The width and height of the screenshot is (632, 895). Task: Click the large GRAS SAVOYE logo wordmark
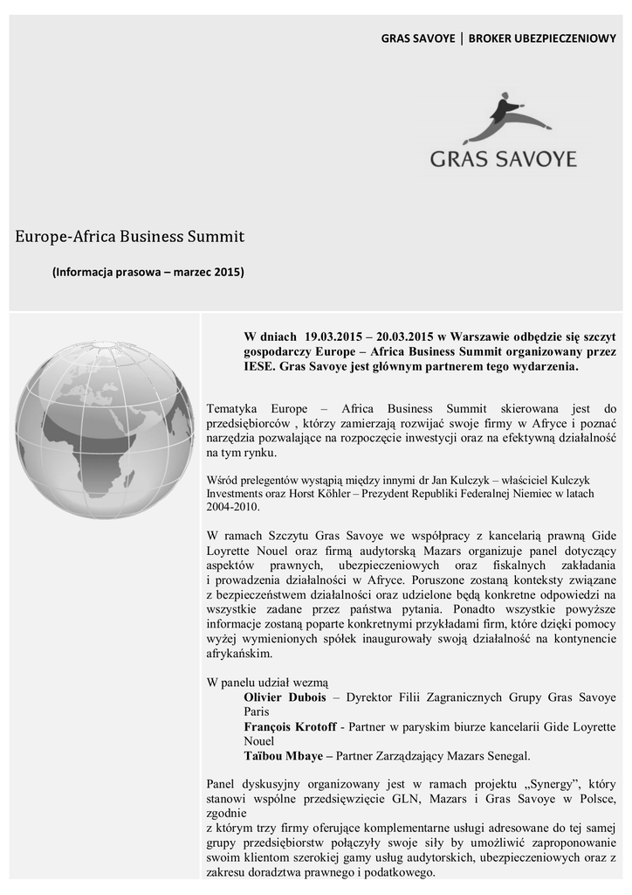coord(504,159)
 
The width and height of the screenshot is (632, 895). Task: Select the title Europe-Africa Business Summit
coord(130,236)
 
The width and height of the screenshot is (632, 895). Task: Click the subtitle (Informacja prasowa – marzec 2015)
coord(148,272)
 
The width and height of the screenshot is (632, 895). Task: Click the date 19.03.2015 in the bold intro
coord(333,336)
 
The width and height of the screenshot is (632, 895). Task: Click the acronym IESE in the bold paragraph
coord(258,367)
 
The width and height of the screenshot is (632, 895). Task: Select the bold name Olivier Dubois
coord(285,697)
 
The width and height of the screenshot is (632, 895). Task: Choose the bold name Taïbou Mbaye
coord(283,755)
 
